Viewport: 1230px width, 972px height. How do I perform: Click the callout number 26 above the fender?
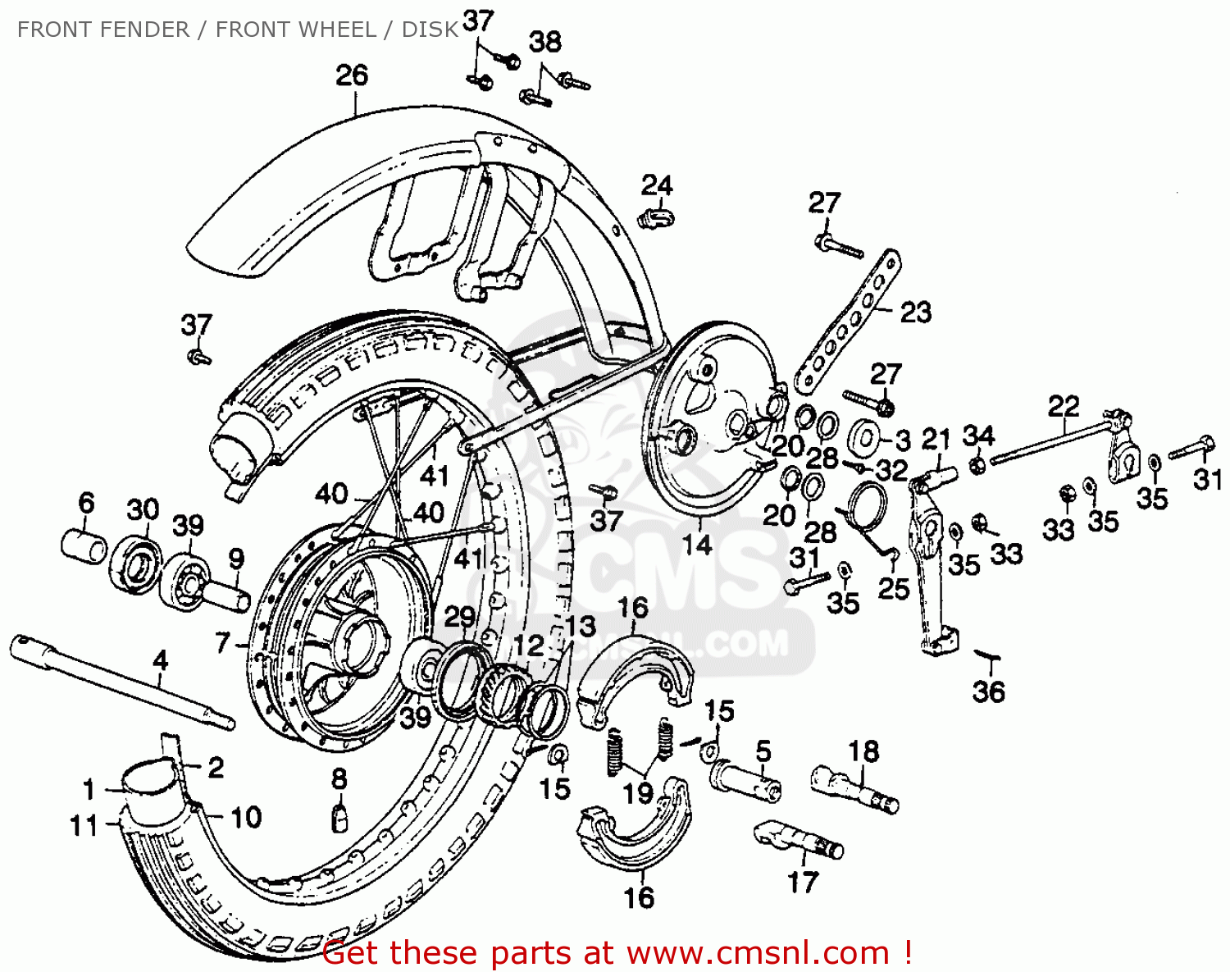tap(352, 75)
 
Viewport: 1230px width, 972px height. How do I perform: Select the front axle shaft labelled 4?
tap(123, 681)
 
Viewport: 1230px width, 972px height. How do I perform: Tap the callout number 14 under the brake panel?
tap(698, 545)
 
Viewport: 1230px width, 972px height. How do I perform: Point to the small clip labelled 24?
tap(654, 219)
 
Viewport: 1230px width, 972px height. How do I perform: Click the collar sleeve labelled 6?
tap(84, 546)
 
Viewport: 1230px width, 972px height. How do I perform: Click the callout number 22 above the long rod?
tap(1064, 406)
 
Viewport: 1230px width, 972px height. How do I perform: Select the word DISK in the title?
tap(430, 30)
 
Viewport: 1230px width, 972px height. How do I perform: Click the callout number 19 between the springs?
tap(638, 793)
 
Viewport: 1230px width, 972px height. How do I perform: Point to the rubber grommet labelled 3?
tap(864, 436)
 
